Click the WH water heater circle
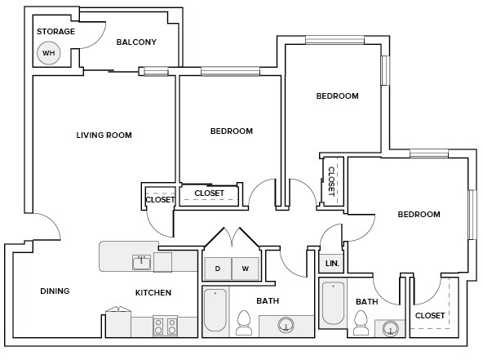click(49, 53)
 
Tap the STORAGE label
click(55, 32)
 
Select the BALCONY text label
click(136, 42)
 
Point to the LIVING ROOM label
click(104, 136)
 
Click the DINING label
click(55, 291)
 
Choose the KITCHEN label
click(153, 293)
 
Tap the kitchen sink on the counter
click(141, 262)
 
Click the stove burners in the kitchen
click(166, 326)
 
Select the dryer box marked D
click(217, 269)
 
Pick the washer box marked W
click(245, 269)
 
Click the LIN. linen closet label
click(332, 264)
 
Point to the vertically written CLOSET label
click(331, 180)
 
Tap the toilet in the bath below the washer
click(243, 323)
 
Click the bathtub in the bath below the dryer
click(215, 310)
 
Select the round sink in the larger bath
click(286, 327)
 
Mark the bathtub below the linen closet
click(332, 304)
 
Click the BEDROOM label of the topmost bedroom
click(337, 96)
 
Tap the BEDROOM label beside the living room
click(231, 131)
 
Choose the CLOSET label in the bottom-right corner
click(430, 316)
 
